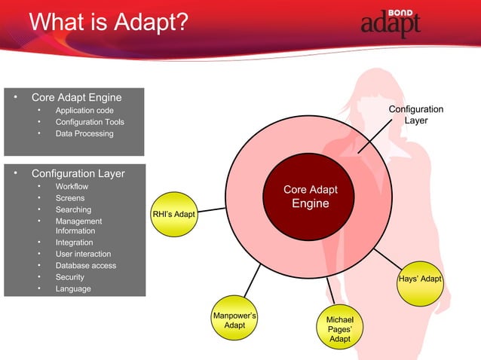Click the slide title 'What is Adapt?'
(x=108, y=22)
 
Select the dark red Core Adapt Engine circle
(x=310, y=197)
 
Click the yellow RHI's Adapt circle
(x=174, y=215)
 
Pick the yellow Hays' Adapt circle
(x=420, y=280)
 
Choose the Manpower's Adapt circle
(x=235, y=319)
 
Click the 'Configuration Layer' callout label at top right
(x=415, y=115)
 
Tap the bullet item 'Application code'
(x=84, y=110)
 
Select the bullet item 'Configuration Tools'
(x=90, y=122)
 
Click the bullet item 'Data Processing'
(x=84, y=133)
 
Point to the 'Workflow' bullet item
(x=72, y=186)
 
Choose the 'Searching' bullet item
(x=73, y=209)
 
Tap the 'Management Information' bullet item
(x=78, y=226)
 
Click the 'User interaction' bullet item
(x=83, y=254)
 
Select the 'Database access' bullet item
(x=85, y=265)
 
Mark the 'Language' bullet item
(x=73, y=288)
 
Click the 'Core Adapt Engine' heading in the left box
(x=76, y=97)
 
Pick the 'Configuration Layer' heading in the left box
(x=78, y=173)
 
